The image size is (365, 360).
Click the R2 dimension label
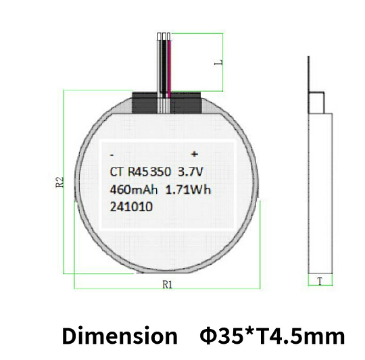click(59, 182)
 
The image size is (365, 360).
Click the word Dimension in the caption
click(119, 335)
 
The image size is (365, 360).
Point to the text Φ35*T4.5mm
click(272, 335)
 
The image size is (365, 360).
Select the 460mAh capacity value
click(134, 190)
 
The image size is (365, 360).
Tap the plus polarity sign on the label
click(194, 154)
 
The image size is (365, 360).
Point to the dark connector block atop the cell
click(167, 103)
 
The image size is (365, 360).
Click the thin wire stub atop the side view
click(308, 74)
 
